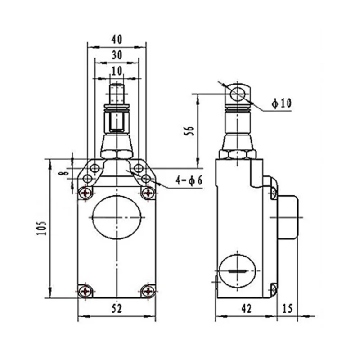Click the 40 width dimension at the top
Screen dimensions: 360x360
117,40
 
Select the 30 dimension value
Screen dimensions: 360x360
117,55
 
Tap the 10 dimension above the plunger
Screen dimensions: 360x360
117,71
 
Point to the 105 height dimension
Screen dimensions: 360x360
42,228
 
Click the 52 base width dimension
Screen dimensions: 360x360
117,308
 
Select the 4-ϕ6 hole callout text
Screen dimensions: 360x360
189,180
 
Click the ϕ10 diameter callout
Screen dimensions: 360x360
282,103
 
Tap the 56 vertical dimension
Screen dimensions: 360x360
190,131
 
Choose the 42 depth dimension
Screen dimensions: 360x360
247,308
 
